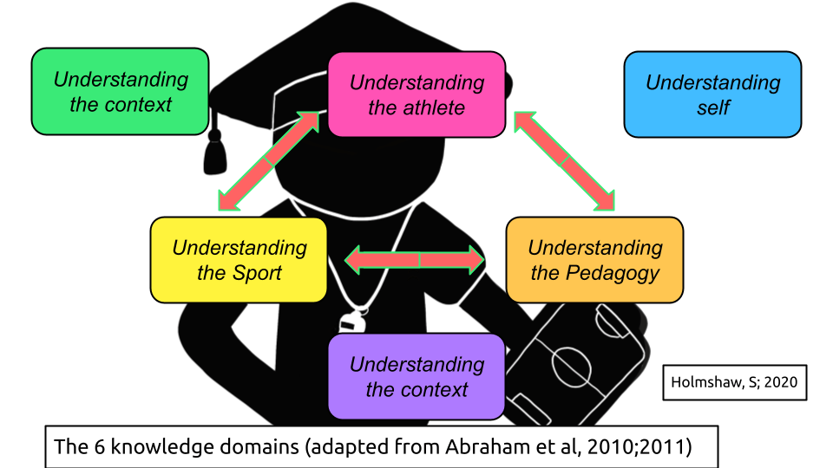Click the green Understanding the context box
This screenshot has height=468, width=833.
[121, 92]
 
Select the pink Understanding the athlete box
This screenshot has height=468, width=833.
[416, 94]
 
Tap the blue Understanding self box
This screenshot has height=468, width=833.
[712, 94]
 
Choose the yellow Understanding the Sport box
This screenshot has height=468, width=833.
[239, 260]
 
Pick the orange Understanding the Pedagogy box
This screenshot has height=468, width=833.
[594, 260]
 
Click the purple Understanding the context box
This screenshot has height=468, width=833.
[416, 376]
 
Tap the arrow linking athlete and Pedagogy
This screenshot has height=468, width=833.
[565, 161]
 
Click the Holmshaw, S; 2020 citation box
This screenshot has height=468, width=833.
[734, 382]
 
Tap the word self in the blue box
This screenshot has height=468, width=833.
[712, 108]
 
